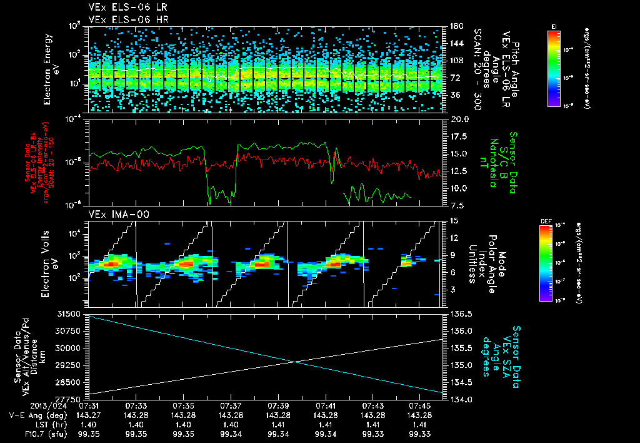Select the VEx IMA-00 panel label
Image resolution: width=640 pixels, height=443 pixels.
[114, 215]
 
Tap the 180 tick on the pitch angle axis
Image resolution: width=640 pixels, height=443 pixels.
[456, 26]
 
